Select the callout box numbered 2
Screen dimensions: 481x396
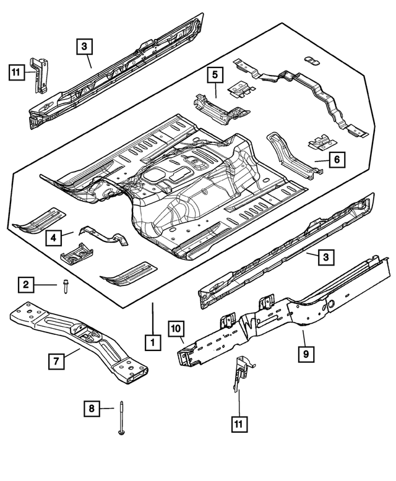(x=26, y=284)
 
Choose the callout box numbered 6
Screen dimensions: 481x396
(x=336, y=160)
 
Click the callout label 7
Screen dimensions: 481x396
(x=57, y=360)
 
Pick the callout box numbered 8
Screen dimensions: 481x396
(x=92, y=408)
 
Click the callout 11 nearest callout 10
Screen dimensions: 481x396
(x=239, y=424)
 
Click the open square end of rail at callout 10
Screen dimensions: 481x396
(x=184, y=357)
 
